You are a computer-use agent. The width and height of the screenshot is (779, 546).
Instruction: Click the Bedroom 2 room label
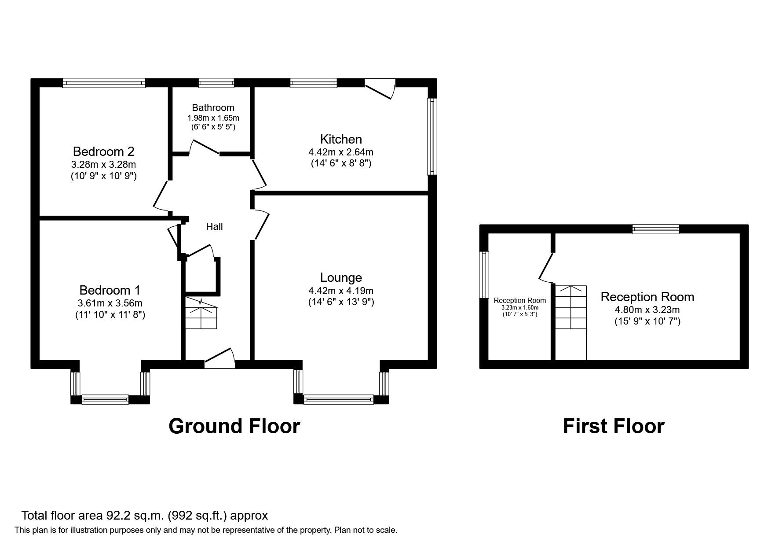click(x=103, y=151)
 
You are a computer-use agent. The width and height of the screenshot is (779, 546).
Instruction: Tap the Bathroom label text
click(x=213, y=107)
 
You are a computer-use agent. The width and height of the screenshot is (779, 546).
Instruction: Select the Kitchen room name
click(x=341, y=139)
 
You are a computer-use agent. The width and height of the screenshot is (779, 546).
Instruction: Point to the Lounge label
click(x=341, y=277)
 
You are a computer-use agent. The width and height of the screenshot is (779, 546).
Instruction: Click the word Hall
click(x=214, y=226)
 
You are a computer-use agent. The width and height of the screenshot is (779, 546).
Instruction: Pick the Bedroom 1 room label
click(x=110, y=290)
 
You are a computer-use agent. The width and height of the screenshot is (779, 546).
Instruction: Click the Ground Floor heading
click(x=234, y=426)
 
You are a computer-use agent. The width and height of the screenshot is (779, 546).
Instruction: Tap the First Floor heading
click(x=613, y=426)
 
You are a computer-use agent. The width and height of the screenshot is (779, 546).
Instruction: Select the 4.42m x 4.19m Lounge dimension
click(x=341, y=291)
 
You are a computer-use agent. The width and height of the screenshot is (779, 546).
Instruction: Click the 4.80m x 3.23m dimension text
click(x=647, y=310)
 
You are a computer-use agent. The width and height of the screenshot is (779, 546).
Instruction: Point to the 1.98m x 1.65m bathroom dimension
click(x=213, y=118)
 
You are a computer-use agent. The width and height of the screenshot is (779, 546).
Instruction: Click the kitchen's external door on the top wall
click(x=380, y=89)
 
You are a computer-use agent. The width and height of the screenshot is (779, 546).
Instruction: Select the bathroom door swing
click(x=205, y=148)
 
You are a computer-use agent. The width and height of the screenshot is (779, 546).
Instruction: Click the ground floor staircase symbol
click(x=201, y=313)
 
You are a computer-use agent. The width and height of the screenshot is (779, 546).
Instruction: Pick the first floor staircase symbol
click(x=571, y=307)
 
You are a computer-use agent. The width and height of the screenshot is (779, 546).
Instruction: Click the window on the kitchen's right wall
click(x=433, y=136)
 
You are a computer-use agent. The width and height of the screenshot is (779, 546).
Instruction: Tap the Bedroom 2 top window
click(x=104, y=83)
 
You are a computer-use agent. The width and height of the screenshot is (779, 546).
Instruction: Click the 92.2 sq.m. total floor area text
click(x=144, y=515)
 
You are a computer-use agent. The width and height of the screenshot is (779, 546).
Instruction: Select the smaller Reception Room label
click(x=519, y=300)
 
